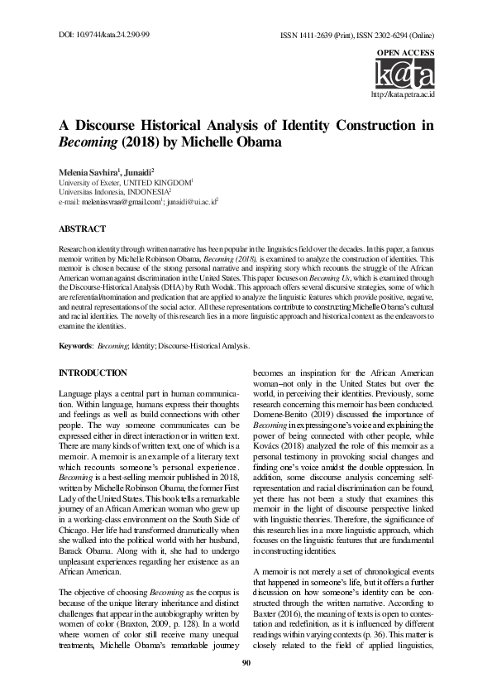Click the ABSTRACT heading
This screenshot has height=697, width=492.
(82, 228)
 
